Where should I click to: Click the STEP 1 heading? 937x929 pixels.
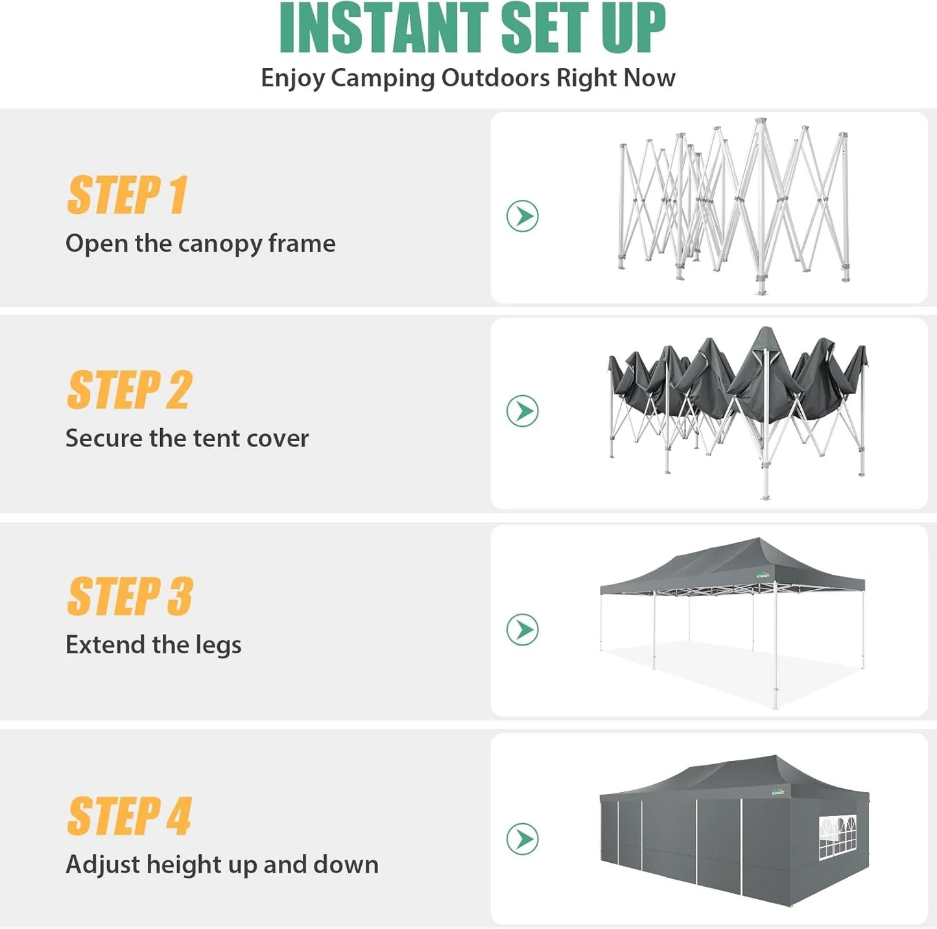(x=127, y=195)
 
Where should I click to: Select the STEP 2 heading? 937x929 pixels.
(x=129, y=391)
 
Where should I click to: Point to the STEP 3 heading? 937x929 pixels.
(x=130, y=597)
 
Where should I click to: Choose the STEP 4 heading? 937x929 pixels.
(x=129, y=816)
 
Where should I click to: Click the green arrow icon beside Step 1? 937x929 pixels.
(x=522, y=216)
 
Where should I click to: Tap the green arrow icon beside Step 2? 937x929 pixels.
(x=522, y=411)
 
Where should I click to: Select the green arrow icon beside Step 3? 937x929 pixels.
(x=522, y=629)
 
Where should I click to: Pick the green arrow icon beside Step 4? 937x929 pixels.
(x=522, y=839)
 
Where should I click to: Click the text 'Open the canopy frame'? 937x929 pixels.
(x=200, y=244)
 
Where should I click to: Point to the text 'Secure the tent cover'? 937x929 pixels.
(x=187, y=439)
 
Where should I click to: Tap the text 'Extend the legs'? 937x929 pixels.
(x=153, y=645)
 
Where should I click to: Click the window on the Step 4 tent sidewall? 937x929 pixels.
(x=837, y=838)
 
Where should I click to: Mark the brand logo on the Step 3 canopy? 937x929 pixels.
(x=764, y=575)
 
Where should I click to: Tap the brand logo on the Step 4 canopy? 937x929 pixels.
(x=778, y=792)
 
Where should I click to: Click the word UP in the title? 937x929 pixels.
(x=633, y=29)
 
